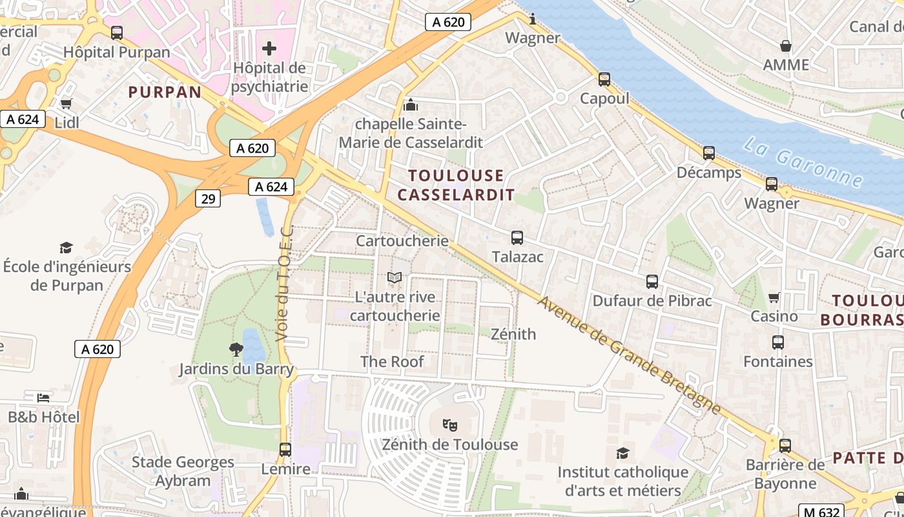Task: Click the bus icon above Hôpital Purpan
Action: (117, 32)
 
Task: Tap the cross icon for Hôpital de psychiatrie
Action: (269, 48)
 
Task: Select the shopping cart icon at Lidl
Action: (66, 103)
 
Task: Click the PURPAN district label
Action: (165, 92)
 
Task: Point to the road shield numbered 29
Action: (208, 198)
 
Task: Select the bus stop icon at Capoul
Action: (604, 79)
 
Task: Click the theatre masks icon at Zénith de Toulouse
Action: (450, 425)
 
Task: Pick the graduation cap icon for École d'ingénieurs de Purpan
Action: (66, 248)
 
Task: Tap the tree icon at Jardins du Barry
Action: (236, 350)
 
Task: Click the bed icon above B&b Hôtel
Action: (43, 397)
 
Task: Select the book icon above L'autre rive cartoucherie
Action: (395, 277)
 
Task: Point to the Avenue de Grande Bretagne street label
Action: (629, 356)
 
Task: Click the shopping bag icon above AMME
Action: (786, 46)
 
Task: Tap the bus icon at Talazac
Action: (517, 237)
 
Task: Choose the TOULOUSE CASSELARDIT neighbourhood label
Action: (456, 185)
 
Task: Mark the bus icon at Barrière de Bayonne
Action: (785, 445)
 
